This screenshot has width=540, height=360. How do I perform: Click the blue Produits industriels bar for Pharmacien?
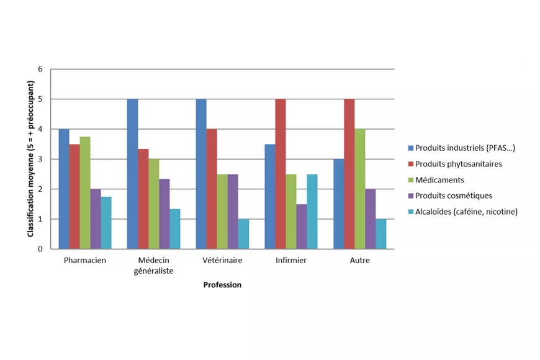click(64, 189)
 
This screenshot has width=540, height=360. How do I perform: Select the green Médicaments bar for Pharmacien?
click(85, 192)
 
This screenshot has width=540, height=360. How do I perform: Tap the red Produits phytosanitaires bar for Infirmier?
click(281, 174)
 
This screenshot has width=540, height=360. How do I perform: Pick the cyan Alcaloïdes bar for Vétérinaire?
click(243, 234)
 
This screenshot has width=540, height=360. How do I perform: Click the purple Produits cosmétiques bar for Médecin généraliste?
click(164, 214)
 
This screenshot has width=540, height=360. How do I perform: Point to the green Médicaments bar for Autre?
click(360, 189)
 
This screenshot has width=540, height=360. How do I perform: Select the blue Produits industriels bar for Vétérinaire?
click(202, 174)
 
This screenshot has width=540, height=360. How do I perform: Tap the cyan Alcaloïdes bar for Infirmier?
click(312, 212)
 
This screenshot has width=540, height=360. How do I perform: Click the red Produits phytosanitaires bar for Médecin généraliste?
click(143, 199)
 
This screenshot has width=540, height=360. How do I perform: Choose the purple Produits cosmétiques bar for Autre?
click(371, 218)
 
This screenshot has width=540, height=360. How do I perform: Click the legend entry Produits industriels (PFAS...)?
click(461, 148)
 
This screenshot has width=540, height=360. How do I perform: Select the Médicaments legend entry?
click(436, 180)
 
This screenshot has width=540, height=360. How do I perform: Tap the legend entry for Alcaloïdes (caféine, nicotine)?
click(463, 212)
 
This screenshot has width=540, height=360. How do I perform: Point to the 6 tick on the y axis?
click(40, 70)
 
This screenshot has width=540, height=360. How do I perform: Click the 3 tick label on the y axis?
click(40, 159)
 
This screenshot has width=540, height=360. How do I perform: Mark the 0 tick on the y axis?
click(40, 249)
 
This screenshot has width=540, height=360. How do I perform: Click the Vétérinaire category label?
click(222, 261)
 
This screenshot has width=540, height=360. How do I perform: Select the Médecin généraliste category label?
click(153, 266)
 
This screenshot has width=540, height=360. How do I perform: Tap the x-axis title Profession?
click(222, 285)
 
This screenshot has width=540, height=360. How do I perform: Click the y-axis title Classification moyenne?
click(30, 159)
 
